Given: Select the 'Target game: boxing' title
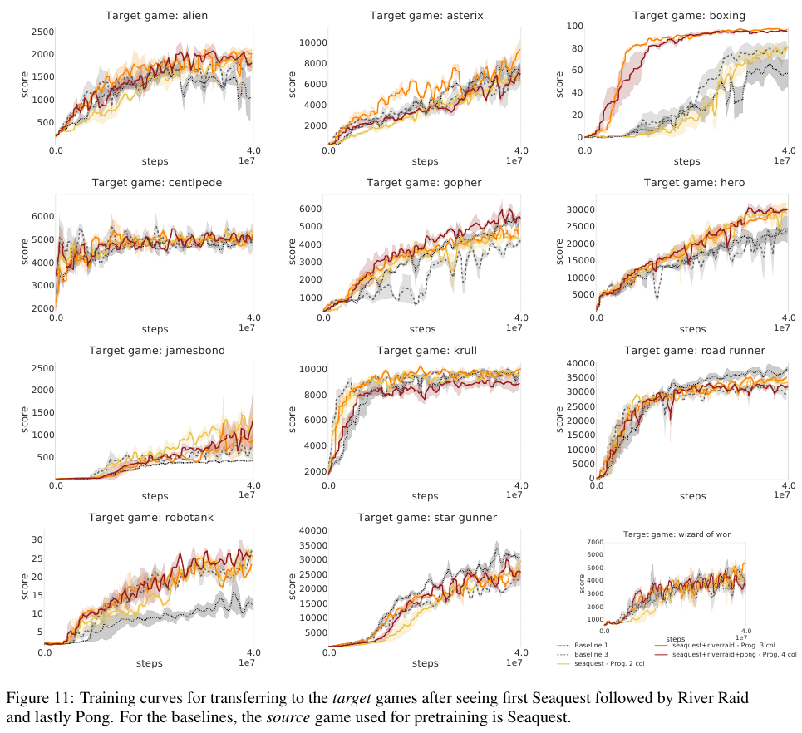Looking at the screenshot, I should (x=688, y=15).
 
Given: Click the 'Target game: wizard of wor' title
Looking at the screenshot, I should (x=677, y=534).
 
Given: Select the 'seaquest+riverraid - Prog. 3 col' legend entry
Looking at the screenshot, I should (x=721, y=646).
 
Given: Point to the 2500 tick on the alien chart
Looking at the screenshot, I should (x=42, y=32).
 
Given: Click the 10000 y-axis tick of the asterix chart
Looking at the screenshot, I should (x=313, y=42).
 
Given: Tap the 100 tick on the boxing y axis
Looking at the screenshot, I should (x=573, y=27).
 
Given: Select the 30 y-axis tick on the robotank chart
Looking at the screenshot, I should (x=37, y=539).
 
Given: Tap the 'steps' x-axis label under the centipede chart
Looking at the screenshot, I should (x=155, y=329).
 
